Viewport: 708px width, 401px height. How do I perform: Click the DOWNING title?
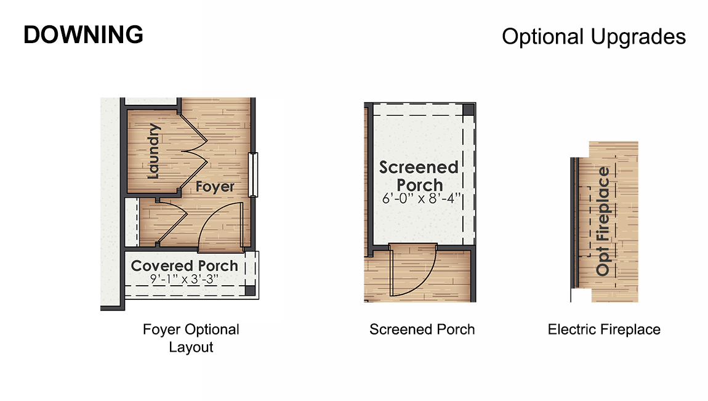point(83,35)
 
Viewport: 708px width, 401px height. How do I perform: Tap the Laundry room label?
point(154,152)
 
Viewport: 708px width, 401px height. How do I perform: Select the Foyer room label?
point(215,185)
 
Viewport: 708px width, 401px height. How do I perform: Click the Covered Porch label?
point(184,266)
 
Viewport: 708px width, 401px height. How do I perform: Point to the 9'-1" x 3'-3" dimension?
point(185,279)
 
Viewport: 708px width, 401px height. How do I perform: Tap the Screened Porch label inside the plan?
point(419,176)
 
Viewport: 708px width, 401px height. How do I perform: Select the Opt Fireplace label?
point(603,221)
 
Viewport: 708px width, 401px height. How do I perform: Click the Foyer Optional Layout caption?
point(191,338)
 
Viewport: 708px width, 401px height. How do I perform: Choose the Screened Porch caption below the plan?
point(422,330)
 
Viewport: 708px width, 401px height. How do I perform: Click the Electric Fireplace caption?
point(604,330)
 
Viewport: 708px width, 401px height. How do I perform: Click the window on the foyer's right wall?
point(252,175)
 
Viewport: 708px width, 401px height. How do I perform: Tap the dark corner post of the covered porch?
point(250,290)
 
